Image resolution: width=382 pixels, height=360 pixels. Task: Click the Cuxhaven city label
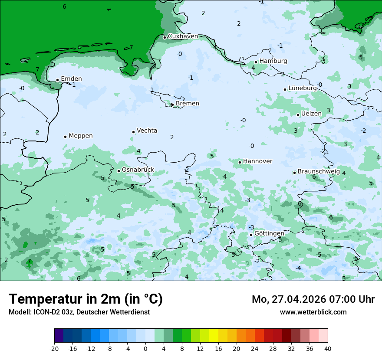[183, 36]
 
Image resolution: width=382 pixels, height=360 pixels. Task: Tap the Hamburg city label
[273, 61]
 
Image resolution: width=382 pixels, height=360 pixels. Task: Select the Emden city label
[71, 79]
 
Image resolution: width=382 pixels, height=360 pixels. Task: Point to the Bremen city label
[187, 104]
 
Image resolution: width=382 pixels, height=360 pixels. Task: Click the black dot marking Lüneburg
[285, 89]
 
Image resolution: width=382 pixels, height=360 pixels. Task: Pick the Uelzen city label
[311, 114]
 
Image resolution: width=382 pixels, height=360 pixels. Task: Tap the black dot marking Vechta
[133, 132]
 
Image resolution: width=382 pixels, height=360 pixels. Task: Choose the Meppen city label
[81, 136]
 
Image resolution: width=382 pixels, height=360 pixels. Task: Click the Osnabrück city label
[138, 170]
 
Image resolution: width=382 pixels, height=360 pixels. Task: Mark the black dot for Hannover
[240, 162]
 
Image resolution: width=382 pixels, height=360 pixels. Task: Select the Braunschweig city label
[319, 172]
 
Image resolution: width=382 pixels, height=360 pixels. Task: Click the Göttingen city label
[269, 234]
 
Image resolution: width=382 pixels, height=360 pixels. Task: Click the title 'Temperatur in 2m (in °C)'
[86, 299]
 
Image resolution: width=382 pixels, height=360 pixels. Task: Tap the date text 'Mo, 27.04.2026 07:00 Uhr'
[313, 299]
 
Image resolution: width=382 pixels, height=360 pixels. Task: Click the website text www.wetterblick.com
[313, 312]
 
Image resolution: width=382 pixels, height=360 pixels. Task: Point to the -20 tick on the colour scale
[54, 349]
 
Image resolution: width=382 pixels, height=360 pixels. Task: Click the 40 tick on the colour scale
[328, 349]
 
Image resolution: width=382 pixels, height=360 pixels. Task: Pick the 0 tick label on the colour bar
[145, 349]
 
